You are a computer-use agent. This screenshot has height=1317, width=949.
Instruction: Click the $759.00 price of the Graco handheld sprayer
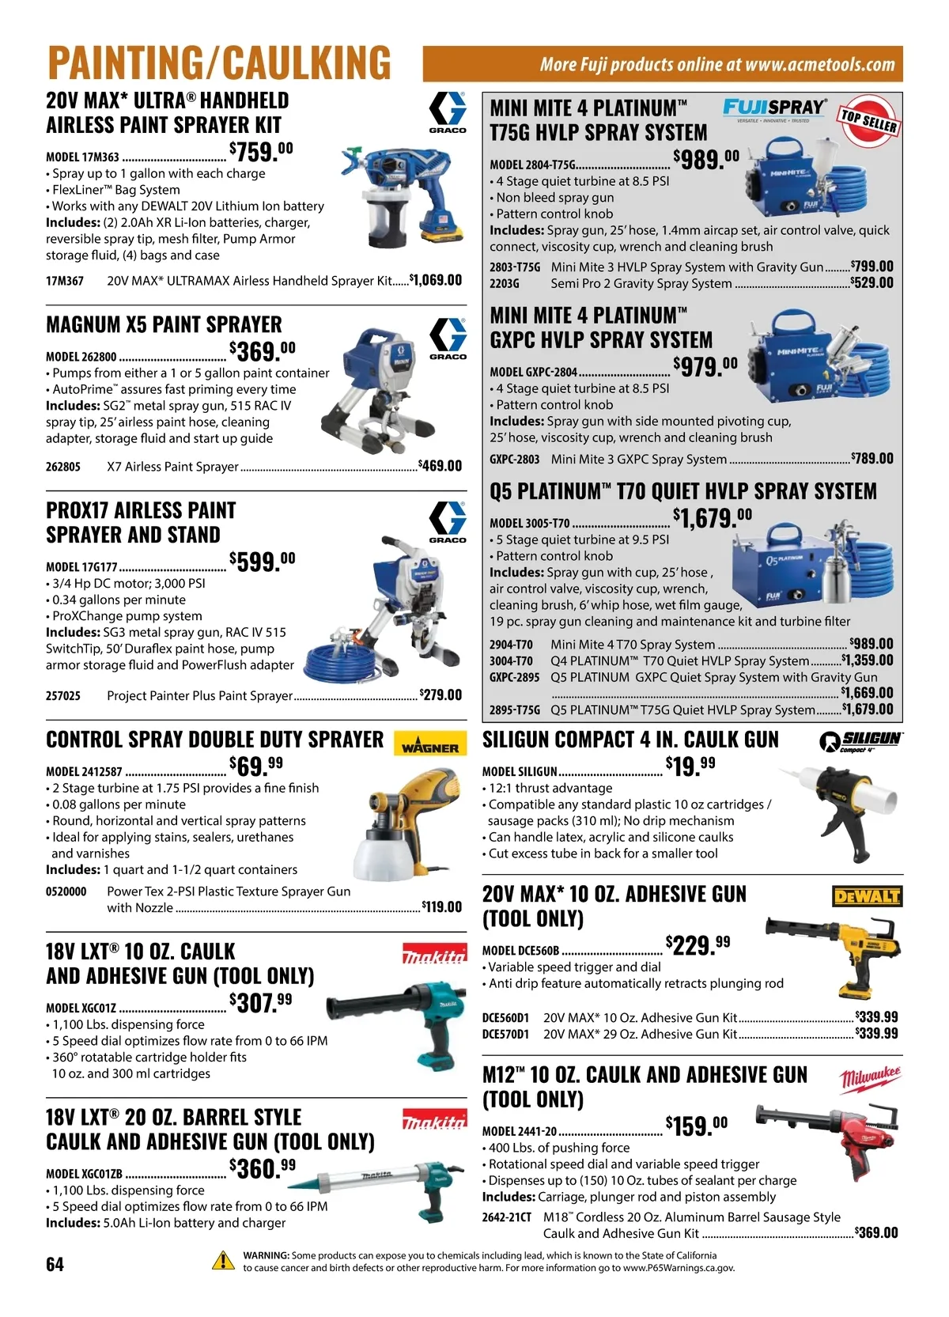click(x=261, y=152)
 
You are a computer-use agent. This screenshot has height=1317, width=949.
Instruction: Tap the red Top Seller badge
click(x=869, y=121)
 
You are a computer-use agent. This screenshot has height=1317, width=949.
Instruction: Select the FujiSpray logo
click(x=774, y=109)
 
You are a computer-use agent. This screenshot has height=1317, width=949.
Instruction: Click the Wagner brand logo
click(x=429, y=744)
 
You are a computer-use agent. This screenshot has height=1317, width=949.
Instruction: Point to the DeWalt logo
click(x=868, y=896)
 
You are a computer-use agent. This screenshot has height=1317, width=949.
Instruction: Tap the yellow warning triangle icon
click(x=223, y=1261)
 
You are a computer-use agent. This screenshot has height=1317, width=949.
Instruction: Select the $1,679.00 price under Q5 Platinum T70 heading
click(x=712, y=518)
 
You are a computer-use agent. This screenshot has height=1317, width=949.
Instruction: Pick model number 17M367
click(x=65, y=281)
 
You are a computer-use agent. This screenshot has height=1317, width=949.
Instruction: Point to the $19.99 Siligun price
click(x=690, y=766)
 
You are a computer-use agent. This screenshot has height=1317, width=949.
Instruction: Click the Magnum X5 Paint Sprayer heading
click(x=164, y=324)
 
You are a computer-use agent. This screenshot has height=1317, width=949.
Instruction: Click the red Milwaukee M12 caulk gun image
click(x=828, y=1139)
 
